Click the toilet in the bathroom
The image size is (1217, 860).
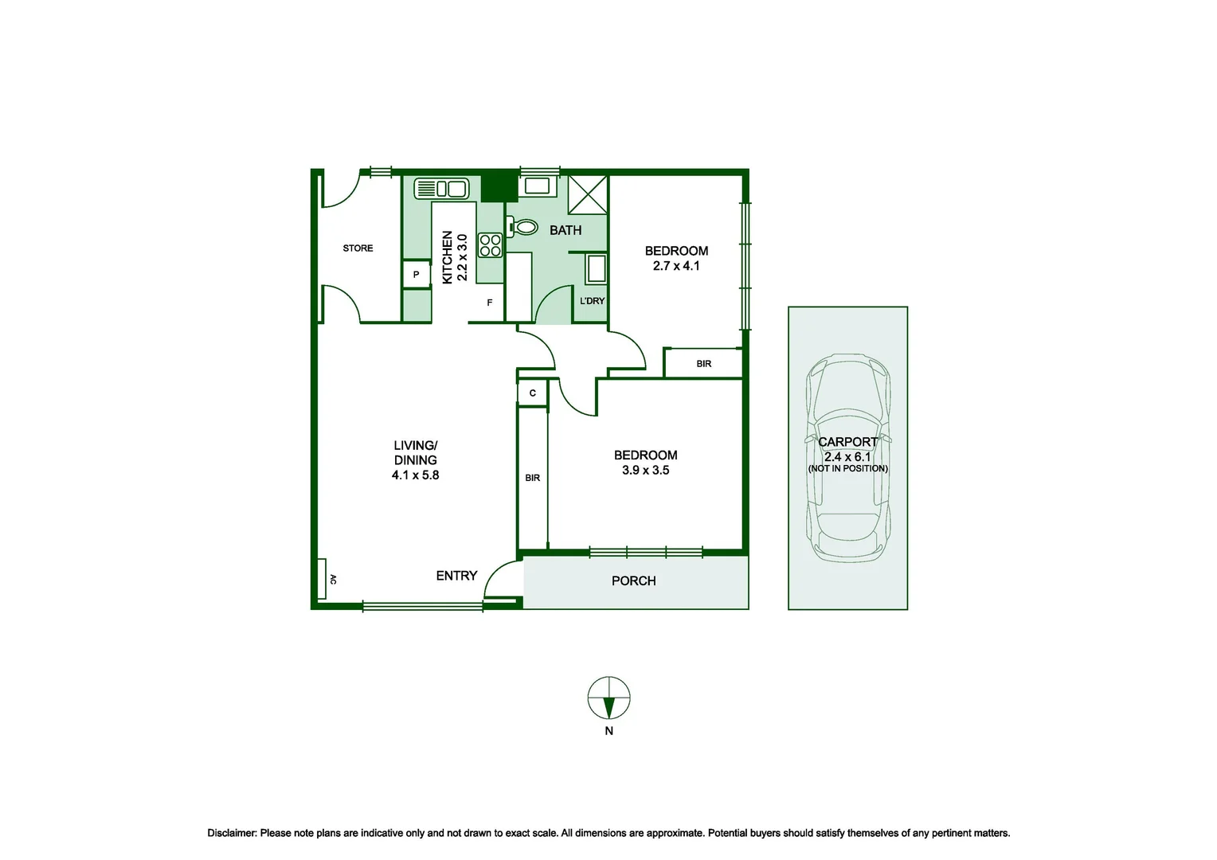[522, 226]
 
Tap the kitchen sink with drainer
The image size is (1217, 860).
[441, 189]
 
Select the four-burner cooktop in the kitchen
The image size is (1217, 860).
[490, 245]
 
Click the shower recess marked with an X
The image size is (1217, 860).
[587, 194]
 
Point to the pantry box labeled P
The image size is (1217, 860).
[417, 275]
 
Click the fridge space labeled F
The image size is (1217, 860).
[490, 303]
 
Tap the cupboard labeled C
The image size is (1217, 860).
[532, 393]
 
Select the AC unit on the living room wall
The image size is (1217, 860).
[322, 579]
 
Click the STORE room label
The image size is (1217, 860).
[358, 248]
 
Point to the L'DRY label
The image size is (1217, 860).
[593, 301]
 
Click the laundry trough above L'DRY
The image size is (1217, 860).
[596, 269]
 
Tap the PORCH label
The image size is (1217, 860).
[633, 580]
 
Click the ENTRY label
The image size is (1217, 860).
[456, 576]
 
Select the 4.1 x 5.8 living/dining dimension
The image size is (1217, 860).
[415, 475]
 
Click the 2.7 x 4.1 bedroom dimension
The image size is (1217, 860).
[676, 266]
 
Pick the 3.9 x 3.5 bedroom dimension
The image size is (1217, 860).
[645, 470]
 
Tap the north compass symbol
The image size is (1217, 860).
[609, 698]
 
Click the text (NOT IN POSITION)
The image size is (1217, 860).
[848, 468]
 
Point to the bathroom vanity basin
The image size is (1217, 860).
[537, 186]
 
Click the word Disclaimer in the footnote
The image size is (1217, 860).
[232, 833]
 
